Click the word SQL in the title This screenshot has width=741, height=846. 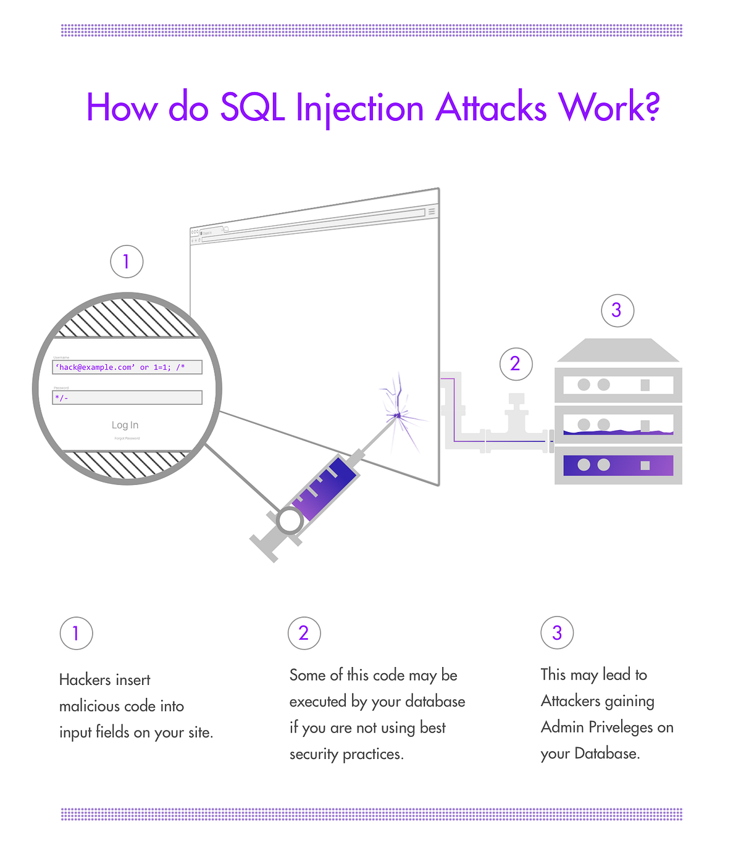(x=252, y=108)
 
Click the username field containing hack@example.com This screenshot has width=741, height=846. (x=127, y=367)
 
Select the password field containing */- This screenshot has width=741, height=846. (x=127, y=397)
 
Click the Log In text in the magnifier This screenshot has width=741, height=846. (x=125, y=425)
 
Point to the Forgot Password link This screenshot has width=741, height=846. (x=127, y=438)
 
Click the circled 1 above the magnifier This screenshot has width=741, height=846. (x=127, y=262)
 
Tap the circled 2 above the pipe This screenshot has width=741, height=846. (x=516, y=363)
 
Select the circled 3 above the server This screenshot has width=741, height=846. (x=617, y=310)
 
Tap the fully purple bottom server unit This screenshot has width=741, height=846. (x=618, y=465)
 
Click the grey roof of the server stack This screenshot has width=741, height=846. (x=617, y=350)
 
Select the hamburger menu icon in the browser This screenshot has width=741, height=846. (x=432, y=212)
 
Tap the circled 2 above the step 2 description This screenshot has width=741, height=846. (x=304, y=633)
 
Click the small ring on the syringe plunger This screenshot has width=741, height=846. (x=290, y=521)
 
